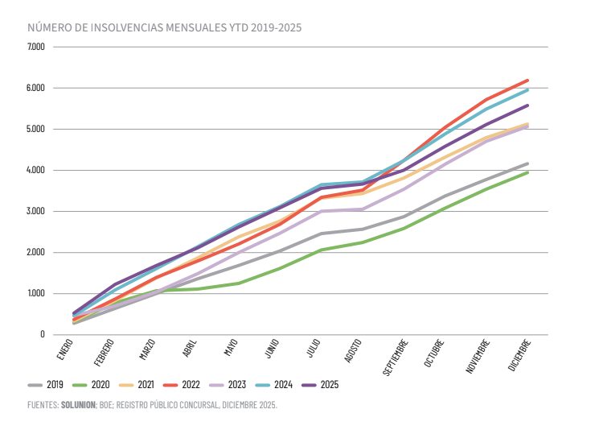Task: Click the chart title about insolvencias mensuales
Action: [x=164, y=28]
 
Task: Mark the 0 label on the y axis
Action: [x=42, y=334]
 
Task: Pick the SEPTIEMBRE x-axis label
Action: [x=398, y=358]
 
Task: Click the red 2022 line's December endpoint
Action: [x=528, y=81]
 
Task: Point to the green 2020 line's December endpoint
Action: [x=528, y=172]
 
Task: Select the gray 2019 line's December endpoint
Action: [x=528, y=163]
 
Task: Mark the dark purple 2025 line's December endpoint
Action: [x=528, y=105]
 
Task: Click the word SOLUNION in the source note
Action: [x=79, y=405]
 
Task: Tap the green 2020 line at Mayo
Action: [x=239, y=283]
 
